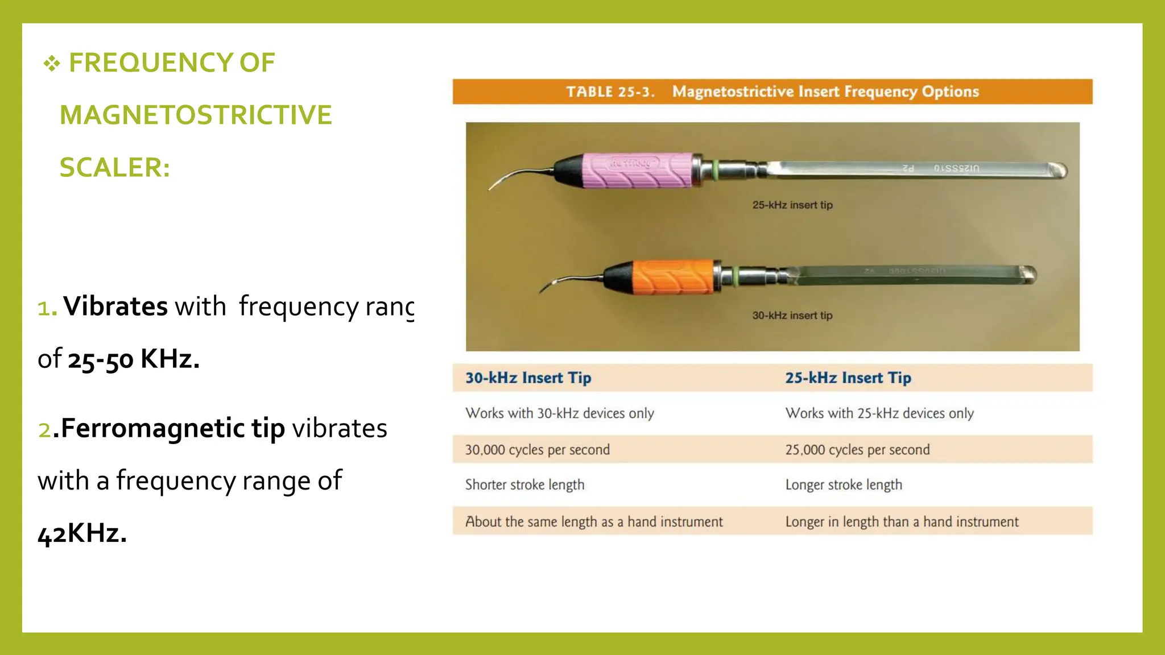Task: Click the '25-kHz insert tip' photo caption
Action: (x=792, y=205)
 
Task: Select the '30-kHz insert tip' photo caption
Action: (x=792, y=316)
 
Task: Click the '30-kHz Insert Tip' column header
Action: (x=528, y=378)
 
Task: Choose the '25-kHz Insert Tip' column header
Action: (x=848, y=378)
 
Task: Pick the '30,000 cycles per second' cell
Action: (x=537, y=450)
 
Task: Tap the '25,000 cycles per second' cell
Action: (x=857, y=450)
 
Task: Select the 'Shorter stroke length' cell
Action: (x=524, y=485)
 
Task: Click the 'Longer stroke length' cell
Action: (x=844, y=485)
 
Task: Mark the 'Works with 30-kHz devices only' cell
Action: (x=559, y=413)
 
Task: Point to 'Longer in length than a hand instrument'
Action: (x=902, y=522)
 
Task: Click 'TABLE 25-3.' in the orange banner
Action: (x=610, y=92)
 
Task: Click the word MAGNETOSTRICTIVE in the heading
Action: (x=196, y=115)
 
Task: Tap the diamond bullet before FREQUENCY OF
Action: (x=52, y=64)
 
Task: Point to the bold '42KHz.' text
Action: (x=82, y=533)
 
